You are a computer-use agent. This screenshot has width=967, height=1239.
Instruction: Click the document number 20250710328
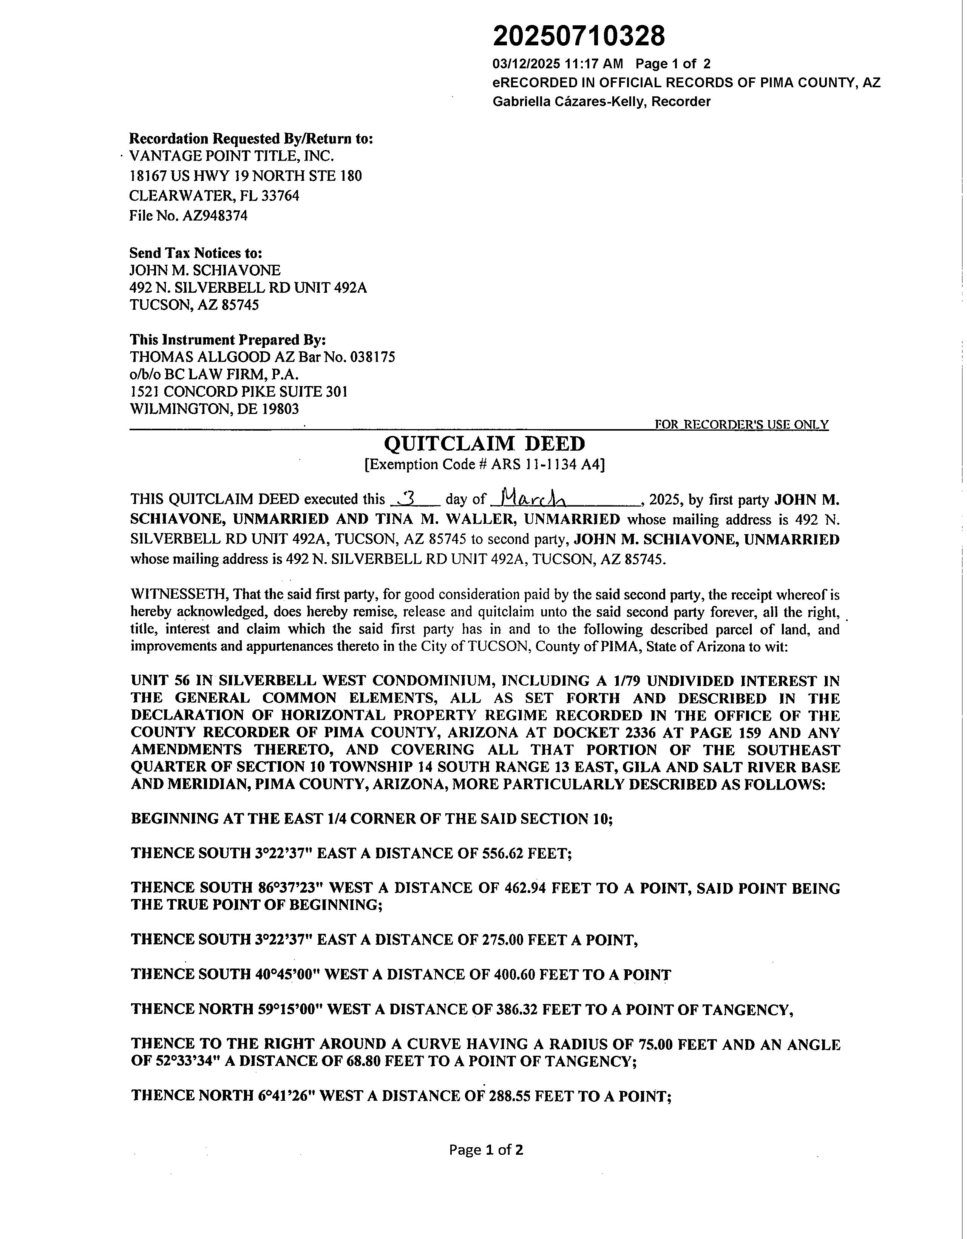(578, 36)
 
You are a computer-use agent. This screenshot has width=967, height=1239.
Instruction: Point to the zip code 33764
(280, 196)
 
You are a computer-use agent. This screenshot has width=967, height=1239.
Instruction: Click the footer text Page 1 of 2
(486, 1149)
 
